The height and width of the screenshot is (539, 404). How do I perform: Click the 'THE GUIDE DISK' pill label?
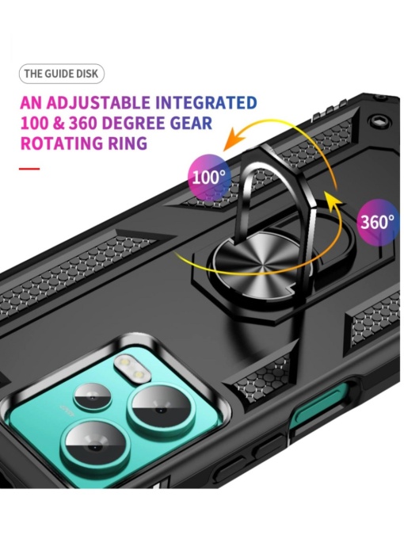click(62, 74)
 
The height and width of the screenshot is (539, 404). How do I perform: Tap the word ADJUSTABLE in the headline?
click(98, 103)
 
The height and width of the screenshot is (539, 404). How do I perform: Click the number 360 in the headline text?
click(83, 123)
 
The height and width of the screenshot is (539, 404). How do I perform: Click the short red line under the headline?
click(29, 169)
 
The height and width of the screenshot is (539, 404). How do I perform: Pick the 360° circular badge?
click(377, 222)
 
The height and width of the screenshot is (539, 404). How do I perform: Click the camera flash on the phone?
click(133, 369)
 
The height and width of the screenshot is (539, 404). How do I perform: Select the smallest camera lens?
click(93, 398)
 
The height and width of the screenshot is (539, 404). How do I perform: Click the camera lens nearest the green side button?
click(161, 411)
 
